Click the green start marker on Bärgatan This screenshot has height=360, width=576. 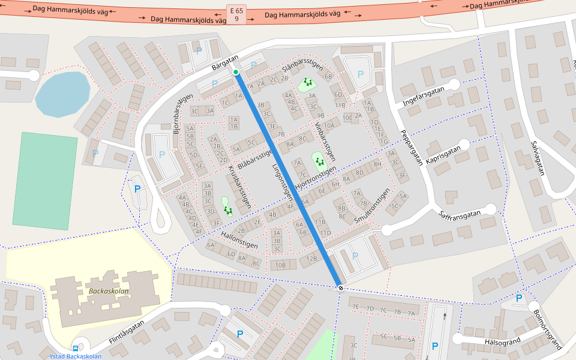pos(236,73)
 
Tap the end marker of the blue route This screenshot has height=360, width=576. pos(340,288)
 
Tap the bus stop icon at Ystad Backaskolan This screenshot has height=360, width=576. pos(76,348)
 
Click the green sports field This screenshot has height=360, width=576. pos(45,172)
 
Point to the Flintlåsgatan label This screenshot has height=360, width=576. pos(128,332)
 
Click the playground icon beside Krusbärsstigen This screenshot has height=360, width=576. pos(228,210)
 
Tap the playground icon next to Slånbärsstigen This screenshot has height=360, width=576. pos(308,82)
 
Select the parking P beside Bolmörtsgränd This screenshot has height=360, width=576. pos(519,298)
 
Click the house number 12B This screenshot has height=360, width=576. pos(311,259)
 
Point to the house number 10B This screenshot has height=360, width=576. pos(280,265)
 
